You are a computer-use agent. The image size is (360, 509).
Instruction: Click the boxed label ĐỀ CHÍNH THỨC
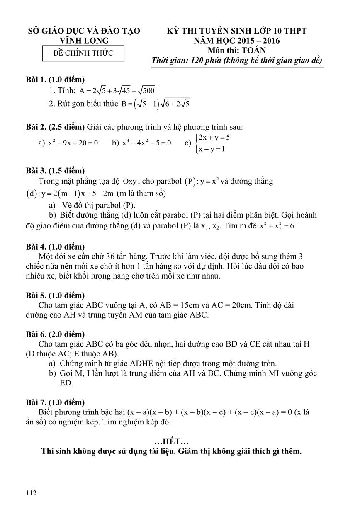pos(84,53)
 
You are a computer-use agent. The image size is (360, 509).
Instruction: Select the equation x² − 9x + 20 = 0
pos(73,143)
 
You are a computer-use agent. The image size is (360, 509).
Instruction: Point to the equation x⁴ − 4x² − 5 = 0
pos(147,143)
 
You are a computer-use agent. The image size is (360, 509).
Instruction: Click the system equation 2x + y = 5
pos(214,137)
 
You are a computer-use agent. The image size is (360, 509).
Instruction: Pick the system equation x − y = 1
pos(212,149)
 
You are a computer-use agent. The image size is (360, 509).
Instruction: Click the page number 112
pos(31,493)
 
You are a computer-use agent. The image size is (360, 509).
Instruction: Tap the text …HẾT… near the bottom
pos(171,442)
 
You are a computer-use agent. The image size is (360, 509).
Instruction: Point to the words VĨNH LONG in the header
pos(84,41)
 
